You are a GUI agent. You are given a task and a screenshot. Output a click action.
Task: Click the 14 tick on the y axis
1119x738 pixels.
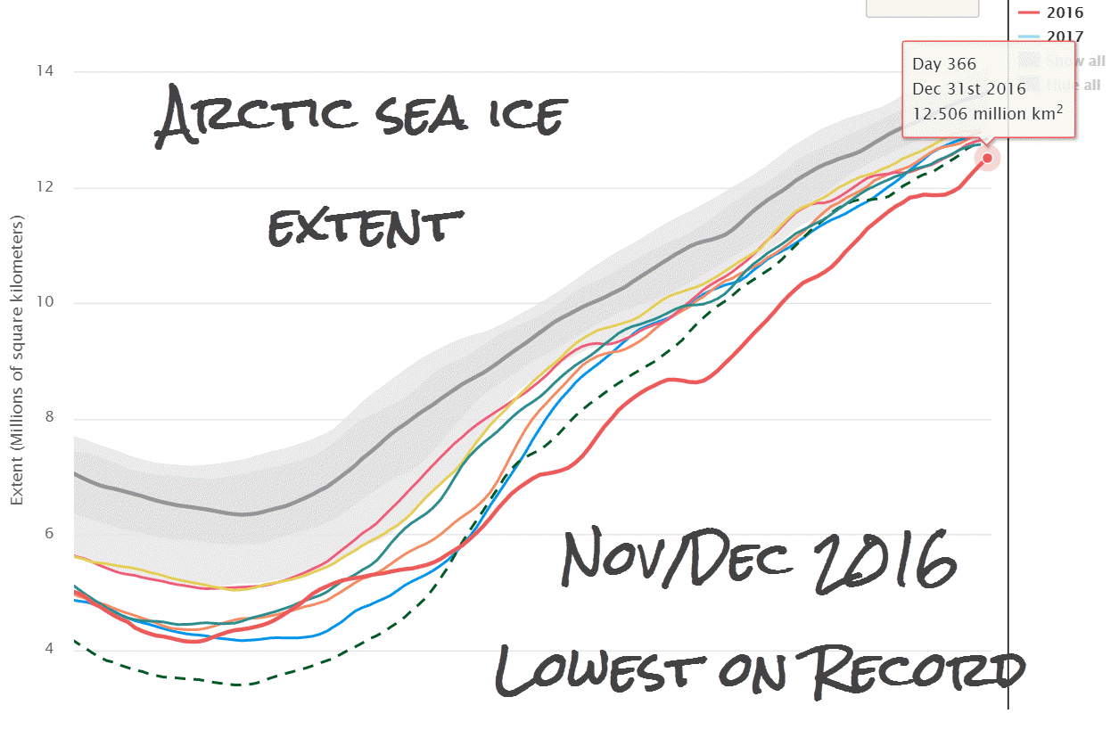40,71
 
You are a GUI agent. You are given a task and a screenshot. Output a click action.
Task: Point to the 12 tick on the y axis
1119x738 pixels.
40,187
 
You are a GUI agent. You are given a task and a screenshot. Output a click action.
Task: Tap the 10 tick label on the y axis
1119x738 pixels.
40,303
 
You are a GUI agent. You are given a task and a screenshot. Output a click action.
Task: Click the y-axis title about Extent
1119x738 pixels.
17,360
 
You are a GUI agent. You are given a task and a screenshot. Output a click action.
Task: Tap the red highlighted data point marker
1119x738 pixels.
987,158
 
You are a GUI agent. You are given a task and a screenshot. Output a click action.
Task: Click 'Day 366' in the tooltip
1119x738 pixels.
943,64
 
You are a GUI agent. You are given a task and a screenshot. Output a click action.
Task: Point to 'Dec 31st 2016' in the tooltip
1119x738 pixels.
967,88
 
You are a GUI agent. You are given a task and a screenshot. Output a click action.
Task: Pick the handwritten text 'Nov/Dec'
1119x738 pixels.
678,560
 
